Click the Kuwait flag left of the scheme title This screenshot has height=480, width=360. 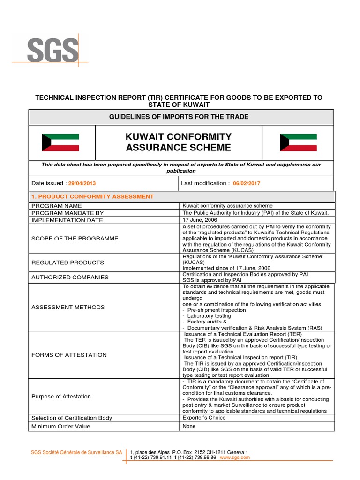point(60,142)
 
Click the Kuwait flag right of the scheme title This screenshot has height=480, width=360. point(298,142)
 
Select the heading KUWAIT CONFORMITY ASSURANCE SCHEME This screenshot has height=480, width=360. point(179,142)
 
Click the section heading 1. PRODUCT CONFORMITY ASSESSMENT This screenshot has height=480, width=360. point(92,196)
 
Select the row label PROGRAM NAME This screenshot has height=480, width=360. point(56,206)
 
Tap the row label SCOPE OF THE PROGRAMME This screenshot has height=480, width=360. point(75,239)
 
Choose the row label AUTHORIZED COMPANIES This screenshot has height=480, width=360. point(70,277)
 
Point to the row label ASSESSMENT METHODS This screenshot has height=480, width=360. point(68,307)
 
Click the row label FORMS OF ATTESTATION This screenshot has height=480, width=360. point(69,355)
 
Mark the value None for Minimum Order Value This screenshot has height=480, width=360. point(190,426)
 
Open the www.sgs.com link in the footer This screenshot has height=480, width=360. point(234,457)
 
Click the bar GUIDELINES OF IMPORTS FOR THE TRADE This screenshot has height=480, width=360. point(181,117)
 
